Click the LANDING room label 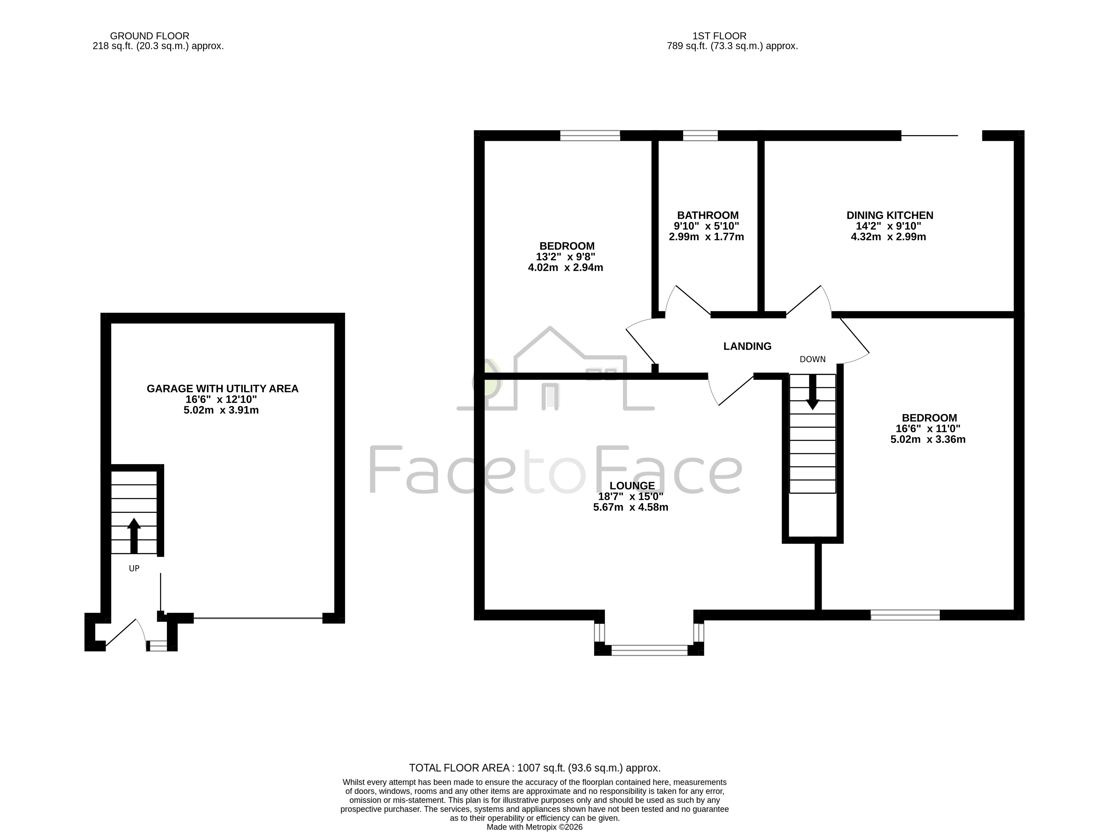tap(747, 346)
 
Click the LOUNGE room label tap(632, 486)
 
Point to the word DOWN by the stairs tap(812, 359)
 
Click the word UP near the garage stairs tap(134, 568)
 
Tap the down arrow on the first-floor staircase tap(812, 392)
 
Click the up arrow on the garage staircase tap(134, 536)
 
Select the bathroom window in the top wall tap(700, 135)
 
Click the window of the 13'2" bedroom tap(590, 135)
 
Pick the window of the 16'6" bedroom tap(905, 615)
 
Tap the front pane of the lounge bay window tap(649, 650)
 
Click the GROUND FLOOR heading tap(149, 36)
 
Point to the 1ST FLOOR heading tap(719, 36)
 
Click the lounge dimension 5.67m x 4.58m tap(631, 507)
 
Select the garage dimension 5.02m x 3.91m tap(221, 410)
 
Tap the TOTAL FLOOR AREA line tap(534, 768)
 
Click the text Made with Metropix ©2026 tap(534, 827)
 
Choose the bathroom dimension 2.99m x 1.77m tap(706, 237)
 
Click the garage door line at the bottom tap(258, 618)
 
